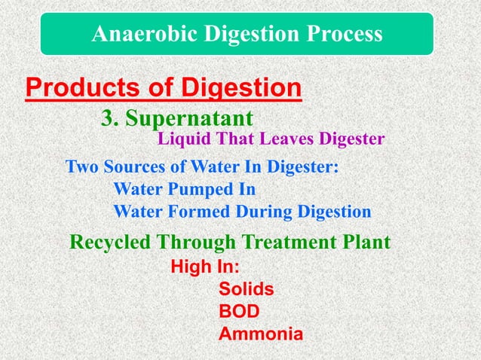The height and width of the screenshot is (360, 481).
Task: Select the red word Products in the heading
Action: pos(72,89)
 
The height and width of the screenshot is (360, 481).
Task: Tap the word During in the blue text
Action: pos(261,212)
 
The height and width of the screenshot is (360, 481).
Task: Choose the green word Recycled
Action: pos(110,243)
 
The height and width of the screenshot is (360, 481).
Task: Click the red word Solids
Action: pos(246,289)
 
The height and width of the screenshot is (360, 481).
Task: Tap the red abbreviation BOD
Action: pos(238,310)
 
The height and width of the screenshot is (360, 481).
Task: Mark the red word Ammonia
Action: pos(260,332)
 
